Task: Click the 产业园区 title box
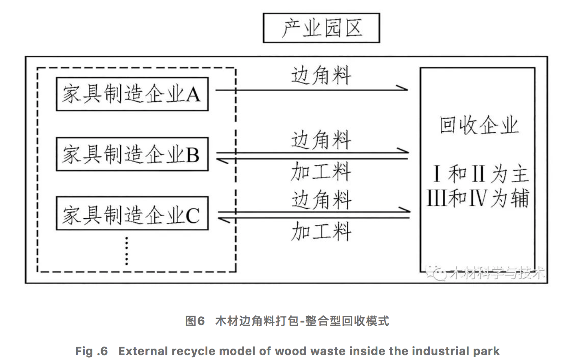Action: coord(321,28)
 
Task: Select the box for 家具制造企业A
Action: coord(132,94)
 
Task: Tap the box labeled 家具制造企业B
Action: coord(132,154)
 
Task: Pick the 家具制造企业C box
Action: coord(132,214)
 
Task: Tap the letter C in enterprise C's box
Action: coord(193,215)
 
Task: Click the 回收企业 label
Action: coord(478,125)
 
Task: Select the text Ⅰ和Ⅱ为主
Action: coord(480,174)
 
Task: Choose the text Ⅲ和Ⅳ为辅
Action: coord(477,198)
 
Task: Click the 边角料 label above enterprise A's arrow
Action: coord(321,76)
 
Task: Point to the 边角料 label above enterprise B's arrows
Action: coord(321,140)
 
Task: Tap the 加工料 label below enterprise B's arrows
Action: coord(321,171)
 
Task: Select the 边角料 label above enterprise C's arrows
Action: coord(321,200)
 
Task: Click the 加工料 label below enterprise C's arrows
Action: coord(321,231)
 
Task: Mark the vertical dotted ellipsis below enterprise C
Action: coord(127,251)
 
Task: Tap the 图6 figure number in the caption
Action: coord(195,321)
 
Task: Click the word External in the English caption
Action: coord(143,351)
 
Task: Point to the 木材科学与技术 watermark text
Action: coord(497,273)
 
